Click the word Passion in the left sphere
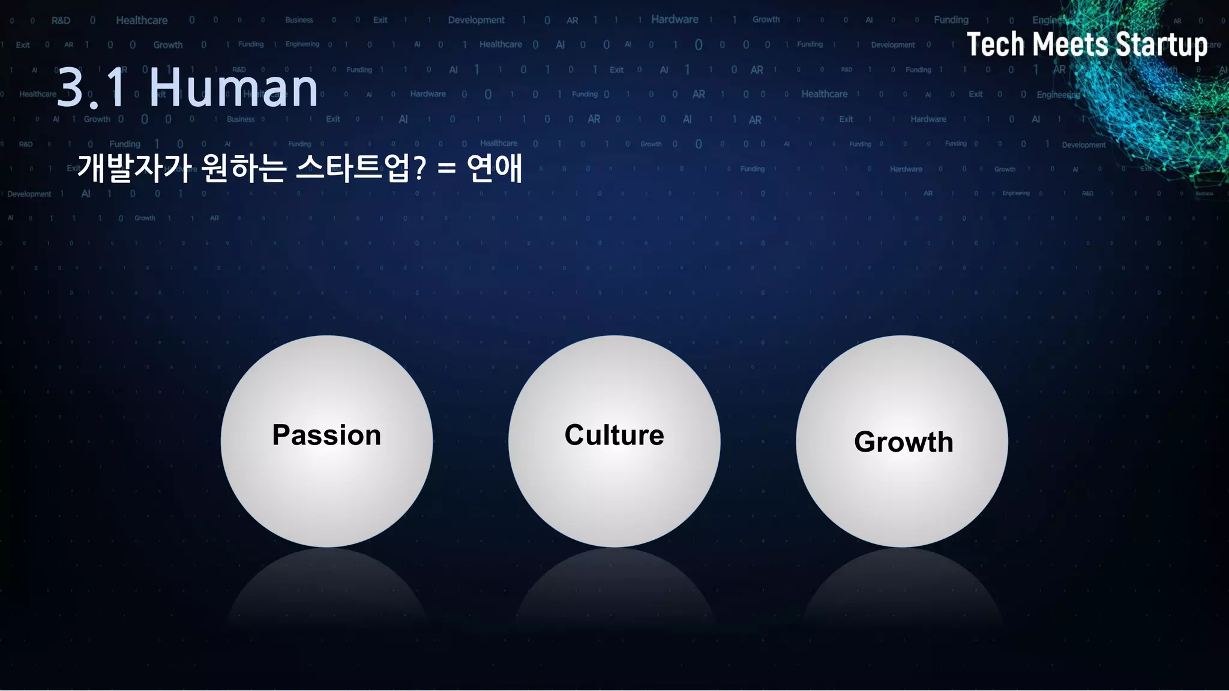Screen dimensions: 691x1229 point(326,435)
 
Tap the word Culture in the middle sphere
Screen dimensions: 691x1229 point(614,435)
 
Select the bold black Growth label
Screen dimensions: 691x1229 point(903,442)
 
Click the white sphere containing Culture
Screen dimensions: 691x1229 point(614,492)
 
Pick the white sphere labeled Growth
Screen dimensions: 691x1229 point(902,498)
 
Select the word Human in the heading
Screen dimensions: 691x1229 point(233,88)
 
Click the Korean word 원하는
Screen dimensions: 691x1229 point(244,168)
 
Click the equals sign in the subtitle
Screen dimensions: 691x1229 point(446,169)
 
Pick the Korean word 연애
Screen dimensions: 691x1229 point(494,168)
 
